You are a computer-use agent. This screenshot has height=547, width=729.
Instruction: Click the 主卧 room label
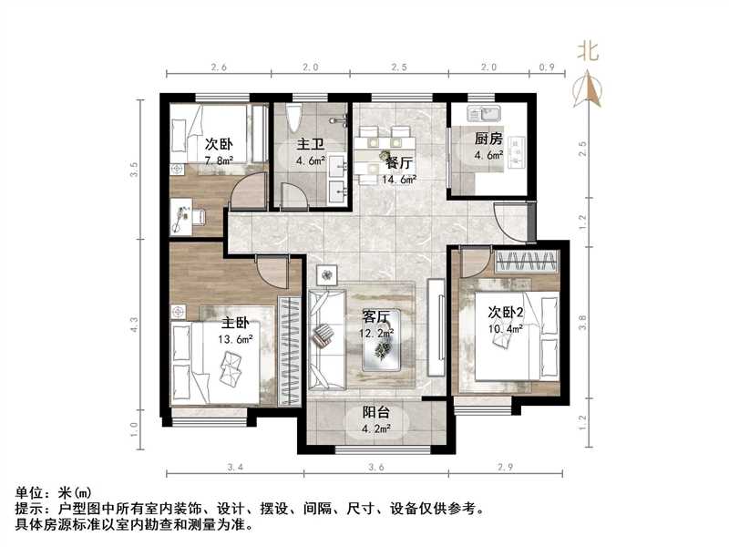coord(235,323)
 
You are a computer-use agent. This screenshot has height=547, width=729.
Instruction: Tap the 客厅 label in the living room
coord(376,317)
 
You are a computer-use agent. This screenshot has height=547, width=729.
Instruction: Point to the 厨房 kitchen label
coord(488,139)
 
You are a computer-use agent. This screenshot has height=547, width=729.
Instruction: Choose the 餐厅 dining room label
coord(398,163)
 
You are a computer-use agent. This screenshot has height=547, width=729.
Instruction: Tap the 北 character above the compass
coord(588,52)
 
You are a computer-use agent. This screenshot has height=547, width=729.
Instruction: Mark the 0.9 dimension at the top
coord(548,67)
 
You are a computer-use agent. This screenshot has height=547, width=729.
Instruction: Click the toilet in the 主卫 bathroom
coord(293,119)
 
